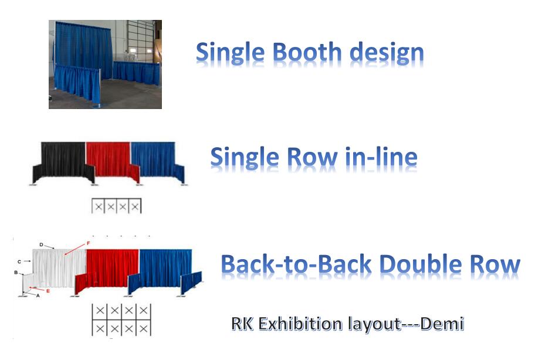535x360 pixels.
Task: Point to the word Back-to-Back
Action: (296, 264)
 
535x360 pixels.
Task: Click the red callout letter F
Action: (89, 243)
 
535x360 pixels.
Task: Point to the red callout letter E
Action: (48, 291)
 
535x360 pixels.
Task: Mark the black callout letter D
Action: (41, 244)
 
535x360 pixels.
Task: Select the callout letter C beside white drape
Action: (19, 262)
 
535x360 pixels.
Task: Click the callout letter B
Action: (16, 273)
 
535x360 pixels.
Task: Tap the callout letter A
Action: (38, 296)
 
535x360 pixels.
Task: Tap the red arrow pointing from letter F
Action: (75, 249)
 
